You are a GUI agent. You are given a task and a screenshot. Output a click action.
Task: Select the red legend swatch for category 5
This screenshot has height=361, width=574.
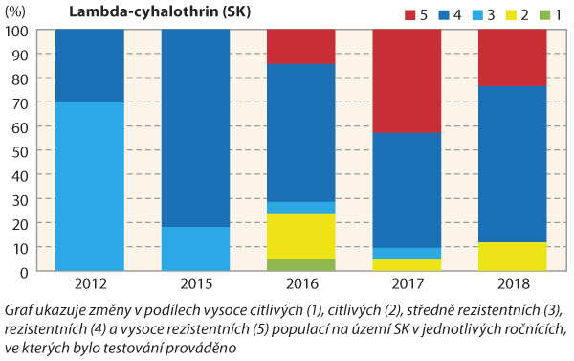(381, 15)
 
